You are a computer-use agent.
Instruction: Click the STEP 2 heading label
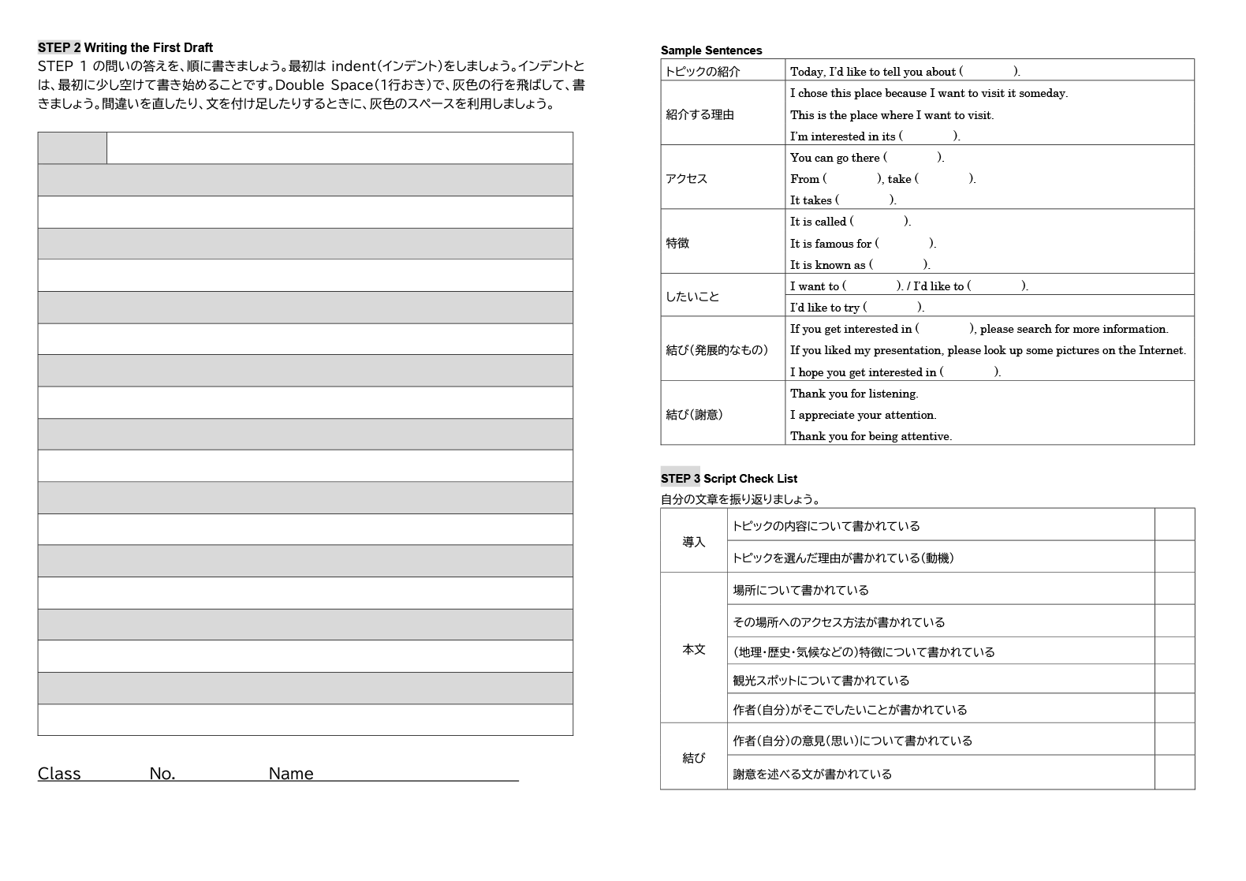(x=59, y=47)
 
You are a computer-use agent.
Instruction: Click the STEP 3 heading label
(x=680, y=478)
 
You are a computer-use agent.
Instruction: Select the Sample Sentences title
(x=711, y=50)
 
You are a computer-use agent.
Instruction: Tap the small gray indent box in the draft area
(x=72, y=148)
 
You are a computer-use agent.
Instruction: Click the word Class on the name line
(x=59, y=774)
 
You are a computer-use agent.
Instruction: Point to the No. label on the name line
(x=162, y=774)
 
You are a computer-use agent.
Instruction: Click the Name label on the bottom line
(x=290, y=774)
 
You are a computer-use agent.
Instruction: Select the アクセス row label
(x=686, y=178)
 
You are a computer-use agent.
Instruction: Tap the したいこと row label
(x=692, y=297)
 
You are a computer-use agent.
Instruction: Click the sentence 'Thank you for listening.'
(x=854, y=394)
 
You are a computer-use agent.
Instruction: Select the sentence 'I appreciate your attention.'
(x=863, y=415)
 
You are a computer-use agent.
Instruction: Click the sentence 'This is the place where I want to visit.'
(x=892, y=115)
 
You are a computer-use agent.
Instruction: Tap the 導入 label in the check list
(x=693, y=542)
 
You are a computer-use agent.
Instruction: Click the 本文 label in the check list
(x=693, y=649)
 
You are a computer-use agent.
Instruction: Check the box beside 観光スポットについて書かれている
(x=1174, y=679)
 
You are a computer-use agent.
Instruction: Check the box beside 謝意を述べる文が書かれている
(x=1174, y=773)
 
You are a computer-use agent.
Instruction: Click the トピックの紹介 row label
(x=702, y=72)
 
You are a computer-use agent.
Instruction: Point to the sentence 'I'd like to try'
(x=825, y=308)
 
